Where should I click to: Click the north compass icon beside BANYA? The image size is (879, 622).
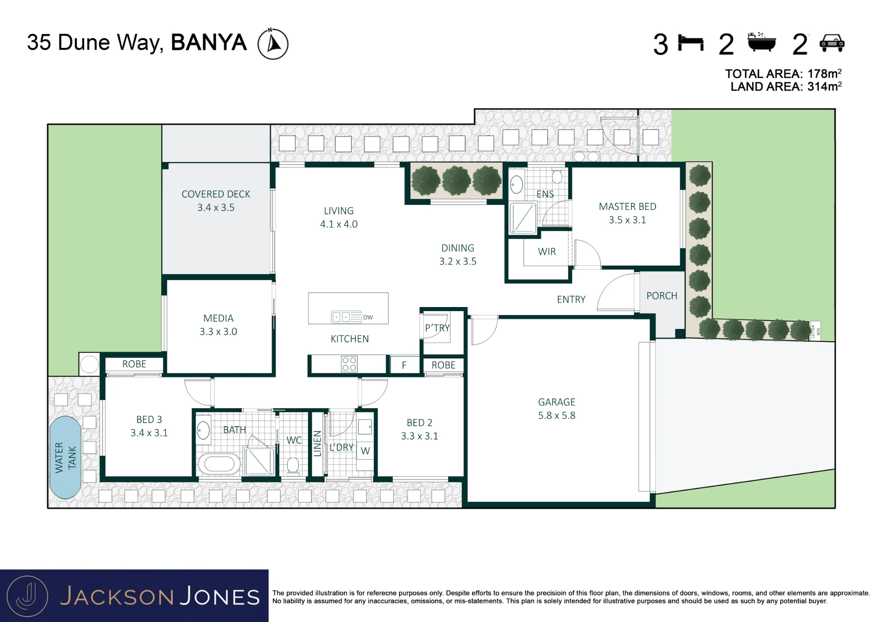click(272, 44)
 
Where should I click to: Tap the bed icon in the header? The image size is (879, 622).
click(691, 43)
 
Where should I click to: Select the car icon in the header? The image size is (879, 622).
click(832, 44)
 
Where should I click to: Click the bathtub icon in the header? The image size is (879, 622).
click(762, 42)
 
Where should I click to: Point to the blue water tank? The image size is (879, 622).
click(65, 457)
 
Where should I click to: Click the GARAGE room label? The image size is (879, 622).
click(556, 402)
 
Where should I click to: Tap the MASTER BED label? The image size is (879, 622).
click(627, 206)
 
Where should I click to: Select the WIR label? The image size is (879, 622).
click(547, 252)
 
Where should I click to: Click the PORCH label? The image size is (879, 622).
click(661, 296)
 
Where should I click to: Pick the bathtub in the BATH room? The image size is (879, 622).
click(219, 464)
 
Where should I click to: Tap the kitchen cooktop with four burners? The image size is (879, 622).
click(349, 364)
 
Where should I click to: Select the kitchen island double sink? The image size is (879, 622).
click(341, 317)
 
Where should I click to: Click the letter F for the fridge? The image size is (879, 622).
click(404, 365)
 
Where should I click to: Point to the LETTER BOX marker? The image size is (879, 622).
click(815, 331)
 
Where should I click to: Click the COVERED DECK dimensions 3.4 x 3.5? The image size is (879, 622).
click(216, 208)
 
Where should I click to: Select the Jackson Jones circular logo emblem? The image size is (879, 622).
click(27, 596)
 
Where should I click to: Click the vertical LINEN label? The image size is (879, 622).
click(317, 443)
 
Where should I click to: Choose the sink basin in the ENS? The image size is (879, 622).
click(517, 185)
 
